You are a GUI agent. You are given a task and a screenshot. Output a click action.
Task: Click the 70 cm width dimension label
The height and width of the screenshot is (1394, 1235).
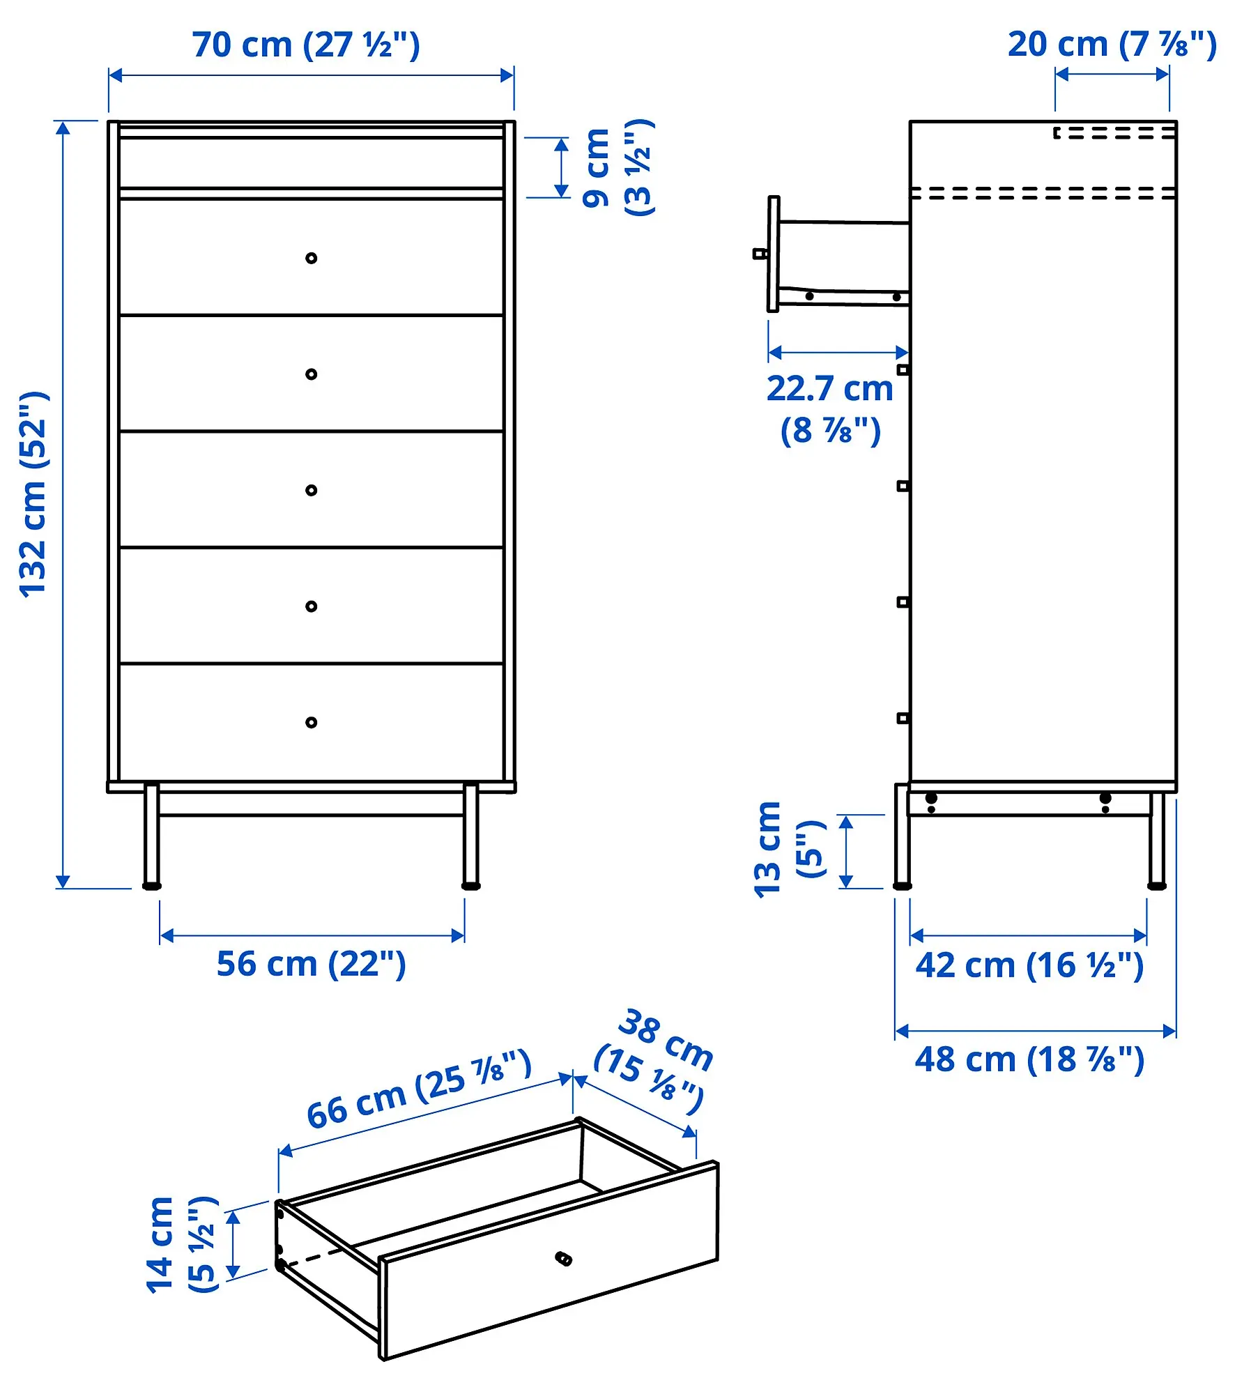[x=306, y=45]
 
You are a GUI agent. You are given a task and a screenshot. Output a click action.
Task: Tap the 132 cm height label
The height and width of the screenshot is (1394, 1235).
[x=33, y=494]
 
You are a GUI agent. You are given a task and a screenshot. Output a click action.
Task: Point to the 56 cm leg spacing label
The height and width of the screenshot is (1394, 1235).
[x=311, y=964]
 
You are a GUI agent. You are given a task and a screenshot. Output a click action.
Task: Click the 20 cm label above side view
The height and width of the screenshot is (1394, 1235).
[x=1112, y=45]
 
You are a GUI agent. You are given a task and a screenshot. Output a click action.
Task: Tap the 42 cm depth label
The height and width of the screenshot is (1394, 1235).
[x=1029, y=965]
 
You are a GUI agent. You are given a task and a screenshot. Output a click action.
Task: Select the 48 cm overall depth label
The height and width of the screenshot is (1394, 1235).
[x=1029, y=1059]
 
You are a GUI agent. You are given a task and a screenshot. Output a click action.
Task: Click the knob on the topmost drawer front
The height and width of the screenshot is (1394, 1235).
[x=312, y=258]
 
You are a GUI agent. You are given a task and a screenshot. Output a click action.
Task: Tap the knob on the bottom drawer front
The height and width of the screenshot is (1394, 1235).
[x=312, y=722]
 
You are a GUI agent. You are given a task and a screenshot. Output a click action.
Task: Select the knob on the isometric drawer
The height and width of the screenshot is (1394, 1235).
[x=563, y=1258]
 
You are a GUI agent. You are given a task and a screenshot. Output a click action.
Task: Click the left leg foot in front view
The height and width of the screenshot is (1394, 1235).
[x=151, y=886]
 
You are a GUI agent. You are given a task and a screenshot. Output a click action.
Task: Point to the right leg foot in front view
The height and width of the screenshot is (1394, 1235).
[x=471, y=886]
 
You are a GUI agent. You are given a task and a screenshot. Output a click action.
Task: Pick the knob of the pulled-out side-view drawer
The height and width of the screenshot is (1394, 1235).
[x=760, y=254]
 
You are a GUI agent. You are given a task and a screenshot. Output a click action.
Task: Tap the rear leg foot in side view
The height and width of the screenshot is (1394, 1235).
[x=1157, y=886]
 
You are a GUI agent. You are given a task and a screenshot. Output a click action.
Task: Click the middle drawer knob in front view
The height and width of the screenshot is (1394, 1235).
[x=312, y=490]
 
